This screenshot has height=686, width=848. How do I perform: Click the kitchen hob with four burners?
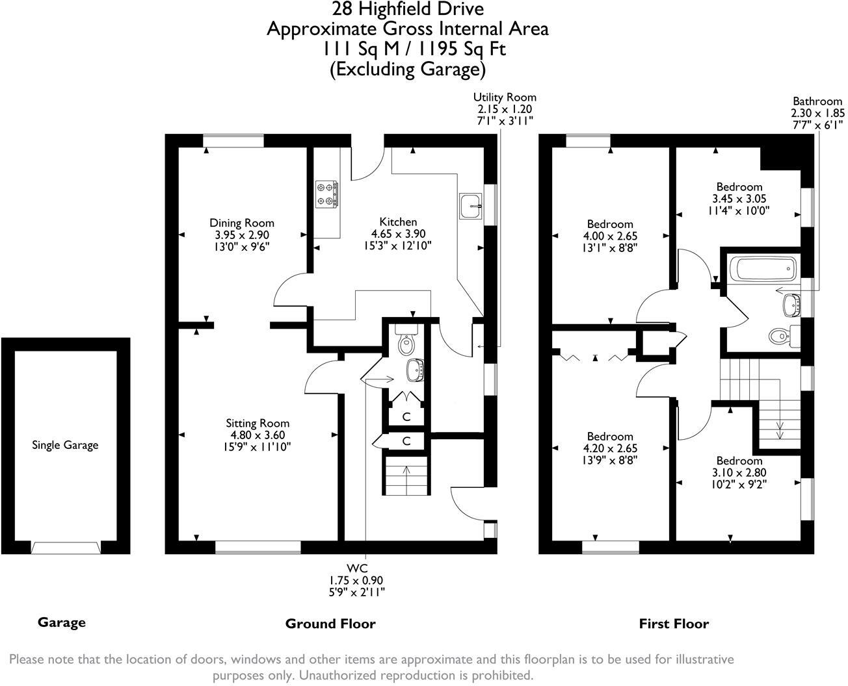pos(326,194)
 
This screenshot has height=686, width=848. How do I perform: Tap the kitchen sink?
pos(470,206)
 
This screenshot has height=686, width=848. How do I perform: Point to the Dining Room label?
pos(241,223)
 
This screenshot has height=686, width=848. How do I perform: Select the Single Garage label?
pos(65,445)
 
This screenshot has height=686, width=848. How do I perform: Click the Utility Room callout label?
pos(505,97)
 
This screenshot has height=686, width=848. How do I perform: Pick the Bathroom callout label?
pos(817,101)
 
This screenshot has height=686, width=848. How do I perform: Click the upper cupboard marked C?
pos(406,416)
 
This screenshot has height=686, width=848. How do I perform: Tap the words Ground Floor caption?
pos(330,624)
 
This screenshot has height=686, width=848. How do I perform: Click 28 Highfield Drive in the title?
pos(408,9)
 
